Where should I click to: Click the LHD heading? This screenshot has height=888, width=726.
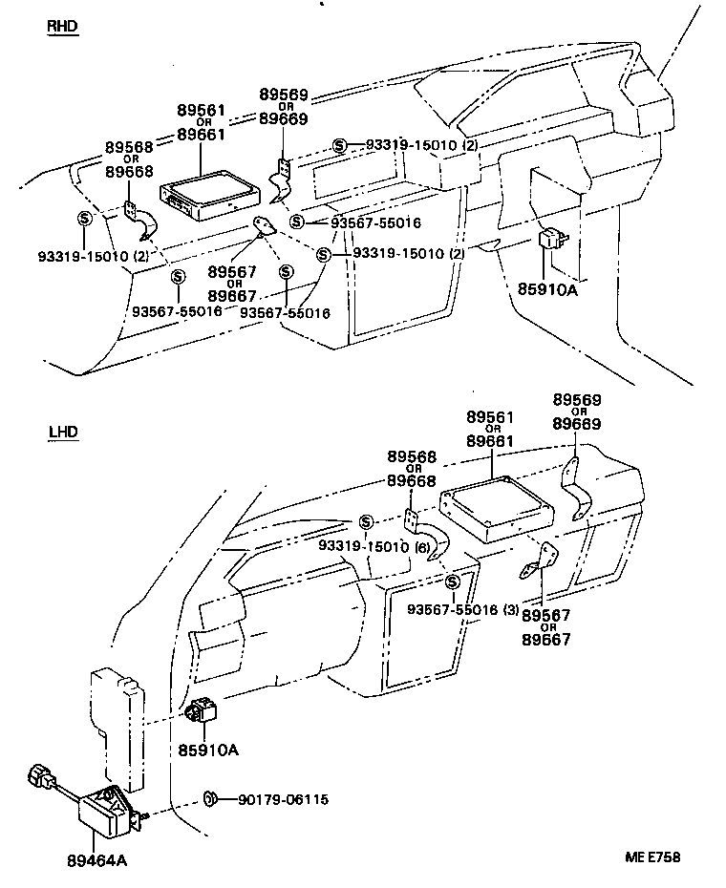pyautogui.click(x=62, y=433)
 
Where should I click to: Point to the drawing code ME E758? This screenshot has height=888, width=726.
pyautogui.click(x=653, y=858)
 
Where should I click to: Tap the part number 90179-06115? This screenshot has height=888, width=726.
pyautogui.click(x=284, y=799)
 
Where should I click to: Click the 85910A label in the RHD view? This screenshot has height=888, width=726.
pyautogui.click(x=549, y=290)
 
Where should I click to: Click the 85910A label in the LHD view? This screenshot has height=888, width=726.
pyautogui.click(x=208, y=750)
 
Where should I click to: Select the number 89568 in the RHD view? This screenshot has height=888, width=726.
pyautogui.click(x=128, y=147)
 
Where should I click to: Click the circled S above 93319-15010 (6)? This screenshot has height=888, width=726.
pyautogui.click(x=366, y=521)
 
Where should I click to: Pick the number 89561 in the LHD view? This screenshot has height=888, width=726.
pyautogui.click(x=491, y=417)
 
